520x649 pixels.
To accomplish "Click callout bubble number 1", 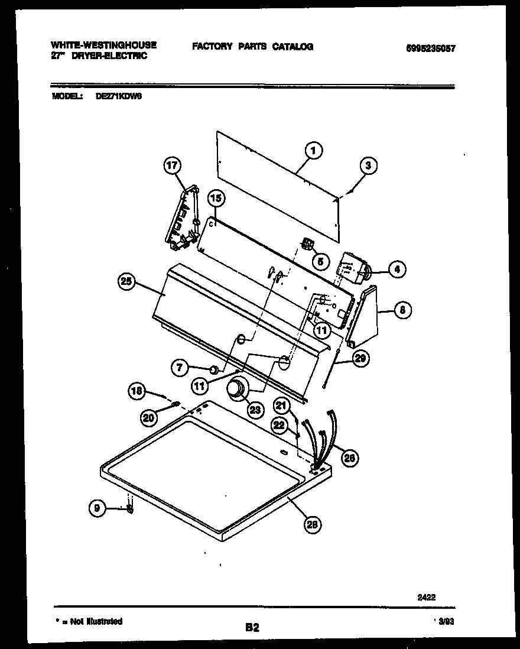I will coord(314,151).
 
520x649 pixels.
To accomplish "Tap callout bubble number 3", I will coord(368,166).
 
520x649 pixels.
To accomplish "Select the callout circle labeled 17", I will coord(172,166).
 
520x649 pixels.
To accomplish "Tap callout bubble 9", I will coord(97,507).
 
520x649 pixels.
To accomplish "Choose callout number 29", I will coord(359,357).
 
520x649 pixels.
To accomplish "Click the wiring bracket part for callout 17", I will coord(183,219).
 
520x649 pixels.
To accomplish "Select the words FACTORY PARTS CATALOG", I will coord(252,47).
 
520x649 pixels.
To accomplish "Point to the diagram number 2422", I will coord(427,597).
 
